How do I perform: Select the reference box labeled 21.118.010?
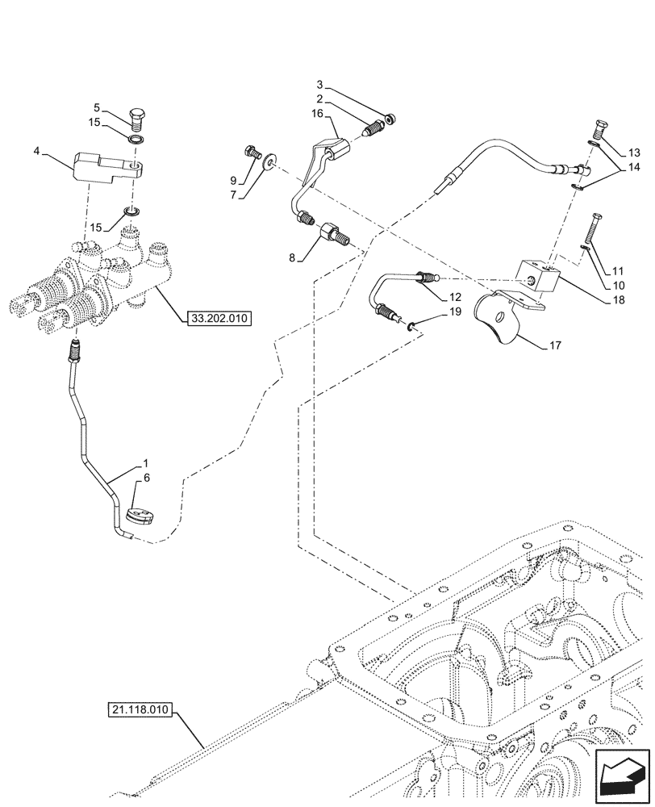[x=140, y=710]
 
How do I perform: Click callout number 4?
[x=37, y=150]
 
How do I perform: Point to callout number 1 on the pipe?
[x=145, y=463]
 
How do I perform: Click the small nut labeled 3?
[x=390, y=119]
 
